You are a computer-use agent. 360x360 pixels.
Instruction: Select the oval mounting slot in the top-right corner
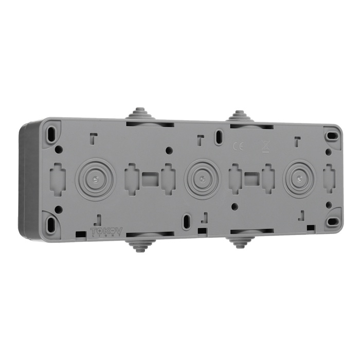click(333, 136)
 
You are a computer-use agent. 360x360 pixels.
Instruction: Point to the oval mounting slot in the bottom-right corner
click(333, 222)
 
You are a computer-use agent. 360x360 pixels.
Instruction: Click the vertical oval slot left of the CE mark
click(219, 138)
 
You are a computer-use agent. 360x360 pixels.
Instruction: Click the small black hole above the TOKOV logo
click(59, 209)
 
